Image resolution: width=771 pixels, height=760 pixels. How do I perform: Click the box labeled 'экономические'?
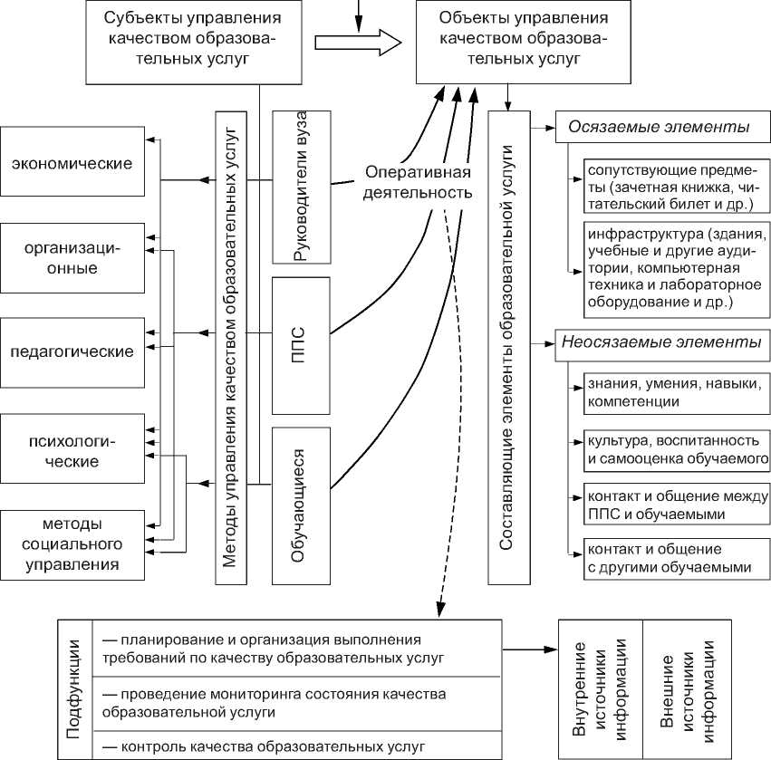[72, 164]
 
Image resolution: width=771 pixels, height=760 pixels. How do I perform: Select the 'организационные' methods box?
[72, 256]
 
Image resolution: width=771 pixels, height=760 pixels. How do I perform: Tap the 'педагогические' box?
[72, 351]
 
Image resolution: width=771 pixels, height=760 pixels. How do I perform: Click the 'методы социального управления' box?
[72, 545]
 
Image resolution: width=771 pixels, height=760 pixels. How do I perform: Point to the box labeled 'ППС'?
[300, 332]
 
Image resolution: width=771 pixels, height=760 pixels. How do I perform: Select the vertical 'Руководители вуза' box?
[300, 186]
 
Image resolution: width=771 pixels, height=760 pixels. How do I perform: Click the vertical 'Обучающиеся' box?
[300, 505]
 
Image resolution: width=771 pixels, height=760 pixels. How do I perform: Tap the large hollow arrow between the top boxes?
[357, 42]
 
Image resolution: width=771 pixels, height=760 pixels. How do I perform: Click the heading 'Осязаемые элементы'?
[659, 127]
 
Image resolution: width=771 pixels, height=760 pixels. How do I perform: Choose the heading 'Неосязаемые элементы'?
[661, 343]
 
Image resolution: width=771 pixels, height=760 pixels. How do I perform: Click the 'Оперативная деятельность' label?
[419, 182]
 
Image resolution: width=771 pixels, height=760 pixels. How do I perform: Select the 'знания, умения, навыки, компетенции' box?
[669, 392]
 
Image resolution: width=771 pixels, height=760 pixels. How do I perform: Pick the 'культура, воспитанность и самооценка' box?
[669, 449]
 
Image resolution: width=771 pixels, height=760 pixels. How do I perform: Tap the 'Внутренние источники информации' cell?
[600, 688]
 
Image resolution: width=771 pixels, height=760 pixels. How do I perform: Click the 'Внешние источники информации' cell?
[686, 688]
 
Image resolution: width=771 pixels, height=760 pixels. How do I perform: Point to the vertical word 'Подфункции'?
[75, 688]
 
